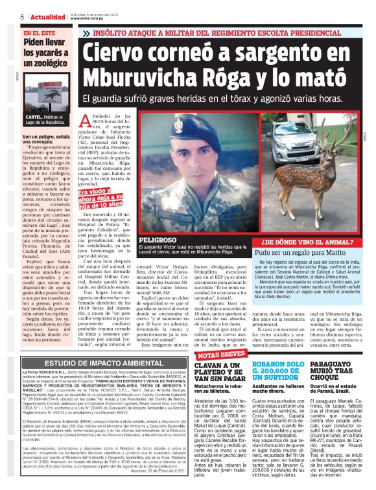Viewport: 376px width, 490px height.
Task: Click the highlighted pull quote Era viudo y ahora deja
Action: (x=102, y=198)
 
